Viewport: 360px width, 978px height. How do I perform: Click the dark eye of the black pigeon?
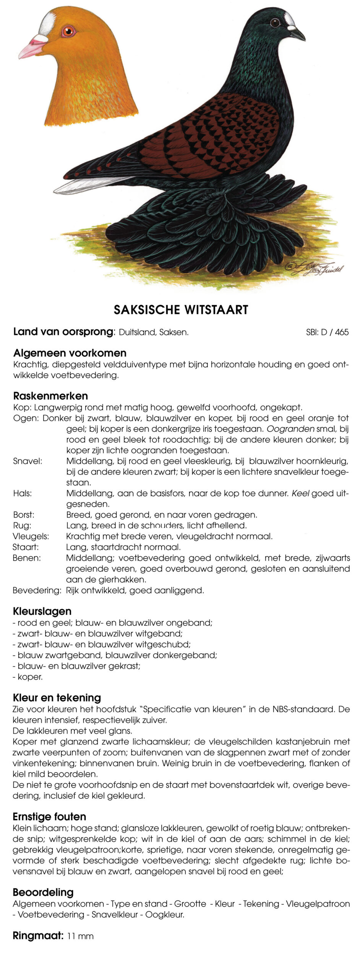pos(275,23)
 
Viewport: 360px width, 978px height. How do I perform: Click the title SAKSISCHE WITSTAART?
pos(181,310)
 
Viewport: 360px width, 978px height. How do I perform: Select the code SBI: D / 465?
pos(327,332)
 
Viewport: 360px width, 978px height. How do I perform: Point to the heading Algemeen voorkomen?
pos(70,353)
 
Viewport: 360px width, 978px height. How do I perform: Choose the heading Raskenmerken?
pos(50,396)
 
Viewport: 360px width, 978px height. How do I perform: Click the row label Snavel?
pos(28,461)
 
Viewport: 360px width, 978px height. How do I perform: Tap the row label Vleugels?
pos(31,536)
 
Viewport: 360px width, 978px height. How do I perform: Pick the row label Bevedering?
pos(37,591)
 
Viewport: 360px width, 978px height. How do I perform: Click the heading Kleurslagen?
pos(42,611)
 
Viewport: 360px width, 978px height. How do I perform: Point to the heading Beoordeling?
pos(43,892)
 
